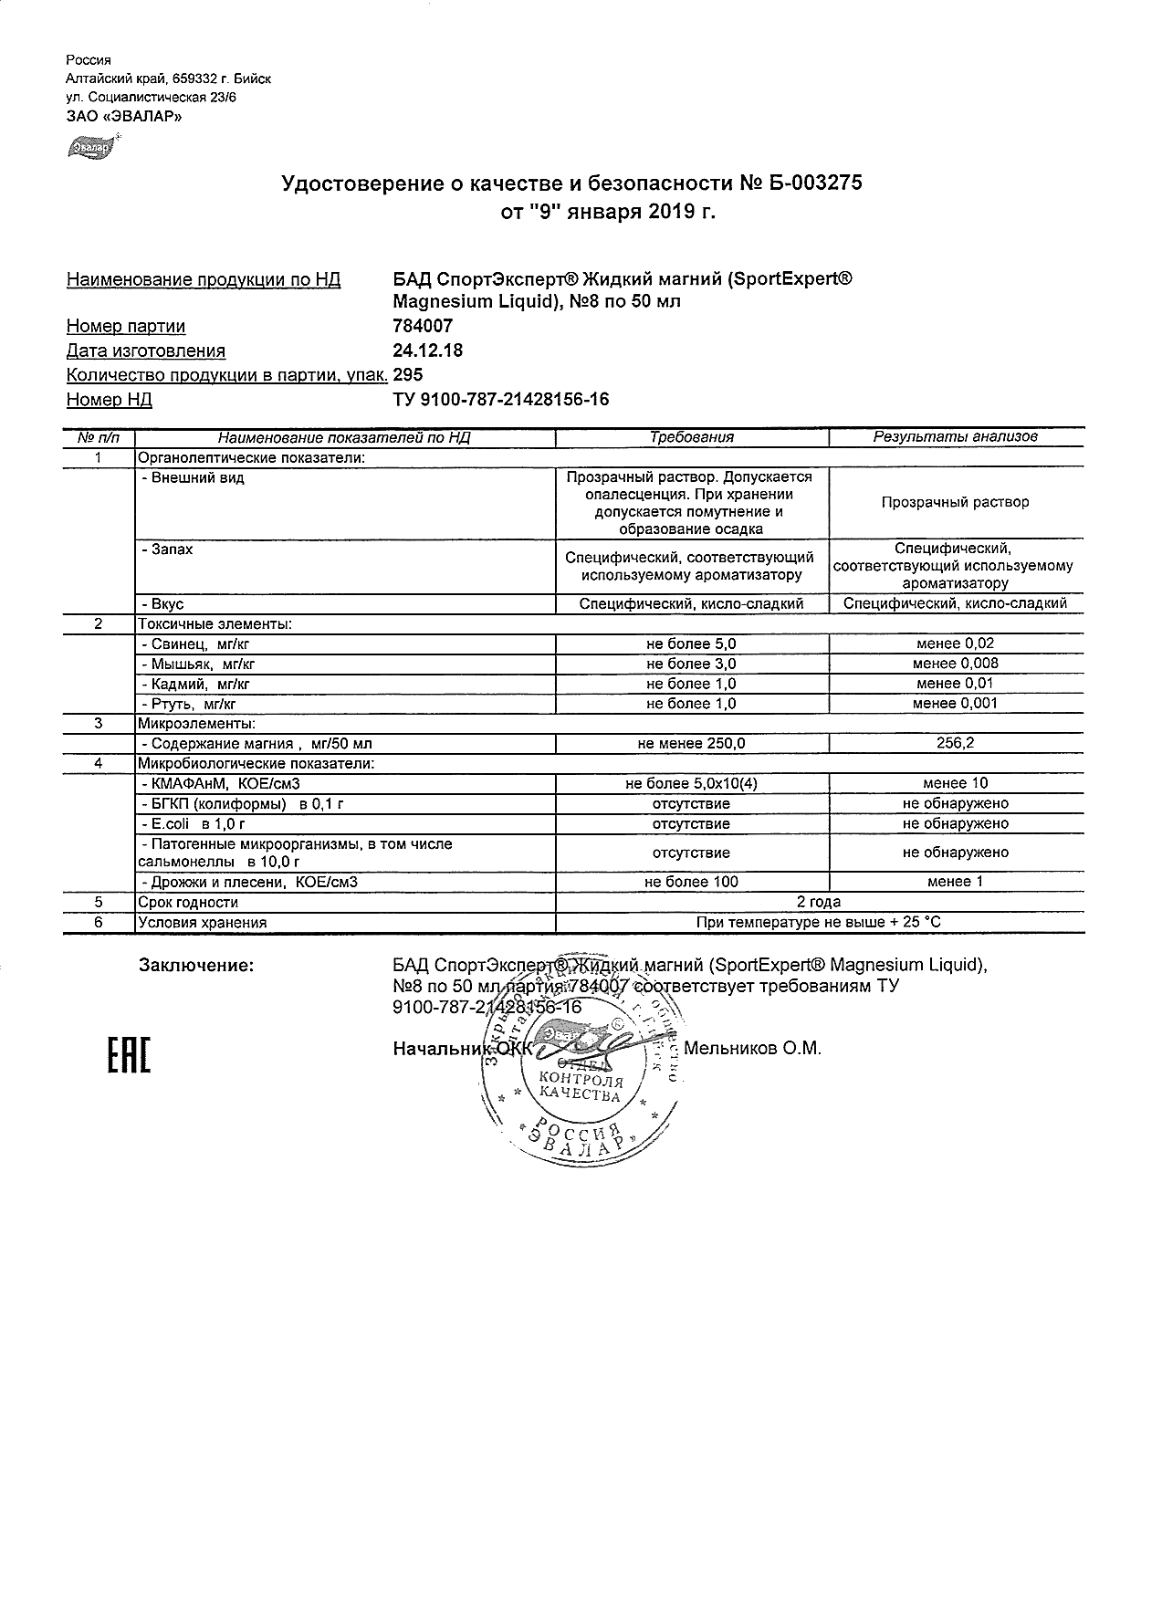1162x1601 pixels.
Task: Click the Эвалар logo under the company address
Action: pyautogui.click(x=90, y=145)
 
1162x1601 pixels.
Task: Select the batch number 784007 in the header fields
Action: pyautogui.click(x=422, y=326)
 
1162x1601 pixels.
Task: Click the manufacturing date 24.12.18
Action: pyautogui.click(x=427, y=351)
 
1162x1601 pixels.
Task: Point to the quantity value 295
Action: pyautogui.click(x=407, y=374)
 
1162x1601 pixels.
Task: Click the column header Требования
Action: pyautogui.click(x=691, y=437)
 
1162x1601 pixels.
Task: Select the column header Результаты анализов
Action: pyautogui.click(x=955, y=437)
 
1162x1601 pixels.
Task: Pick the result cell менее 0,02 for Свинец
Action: pyautogui.click(x=955, y=644)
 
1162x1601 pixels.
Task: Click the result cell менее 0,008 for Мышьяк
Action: pyautogui.click(x=955, y=664)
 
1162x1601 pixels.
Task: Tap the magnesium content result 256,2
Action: pyautogui.click(x=955, y=744)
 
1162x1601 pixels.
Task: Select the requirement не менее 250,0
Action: pyautogui.click(x=691, y=744)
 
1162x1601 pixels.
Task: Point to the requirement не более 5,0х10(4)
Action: pyautogui.click(x=691, y=784)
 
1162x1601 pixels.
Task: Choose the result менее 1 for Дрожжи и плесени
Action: pyautogui.click(x=955, y=882)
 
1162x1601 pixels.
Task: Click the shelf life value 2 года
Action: pyautogui.click(x=819, y=902)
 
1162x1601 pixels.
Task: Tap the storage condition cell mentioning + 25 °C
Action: pyautogui.click(x=819, y=922)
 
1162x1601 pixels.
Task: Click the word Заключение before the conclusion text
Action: pyautogui.click(x=195, y=965)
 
